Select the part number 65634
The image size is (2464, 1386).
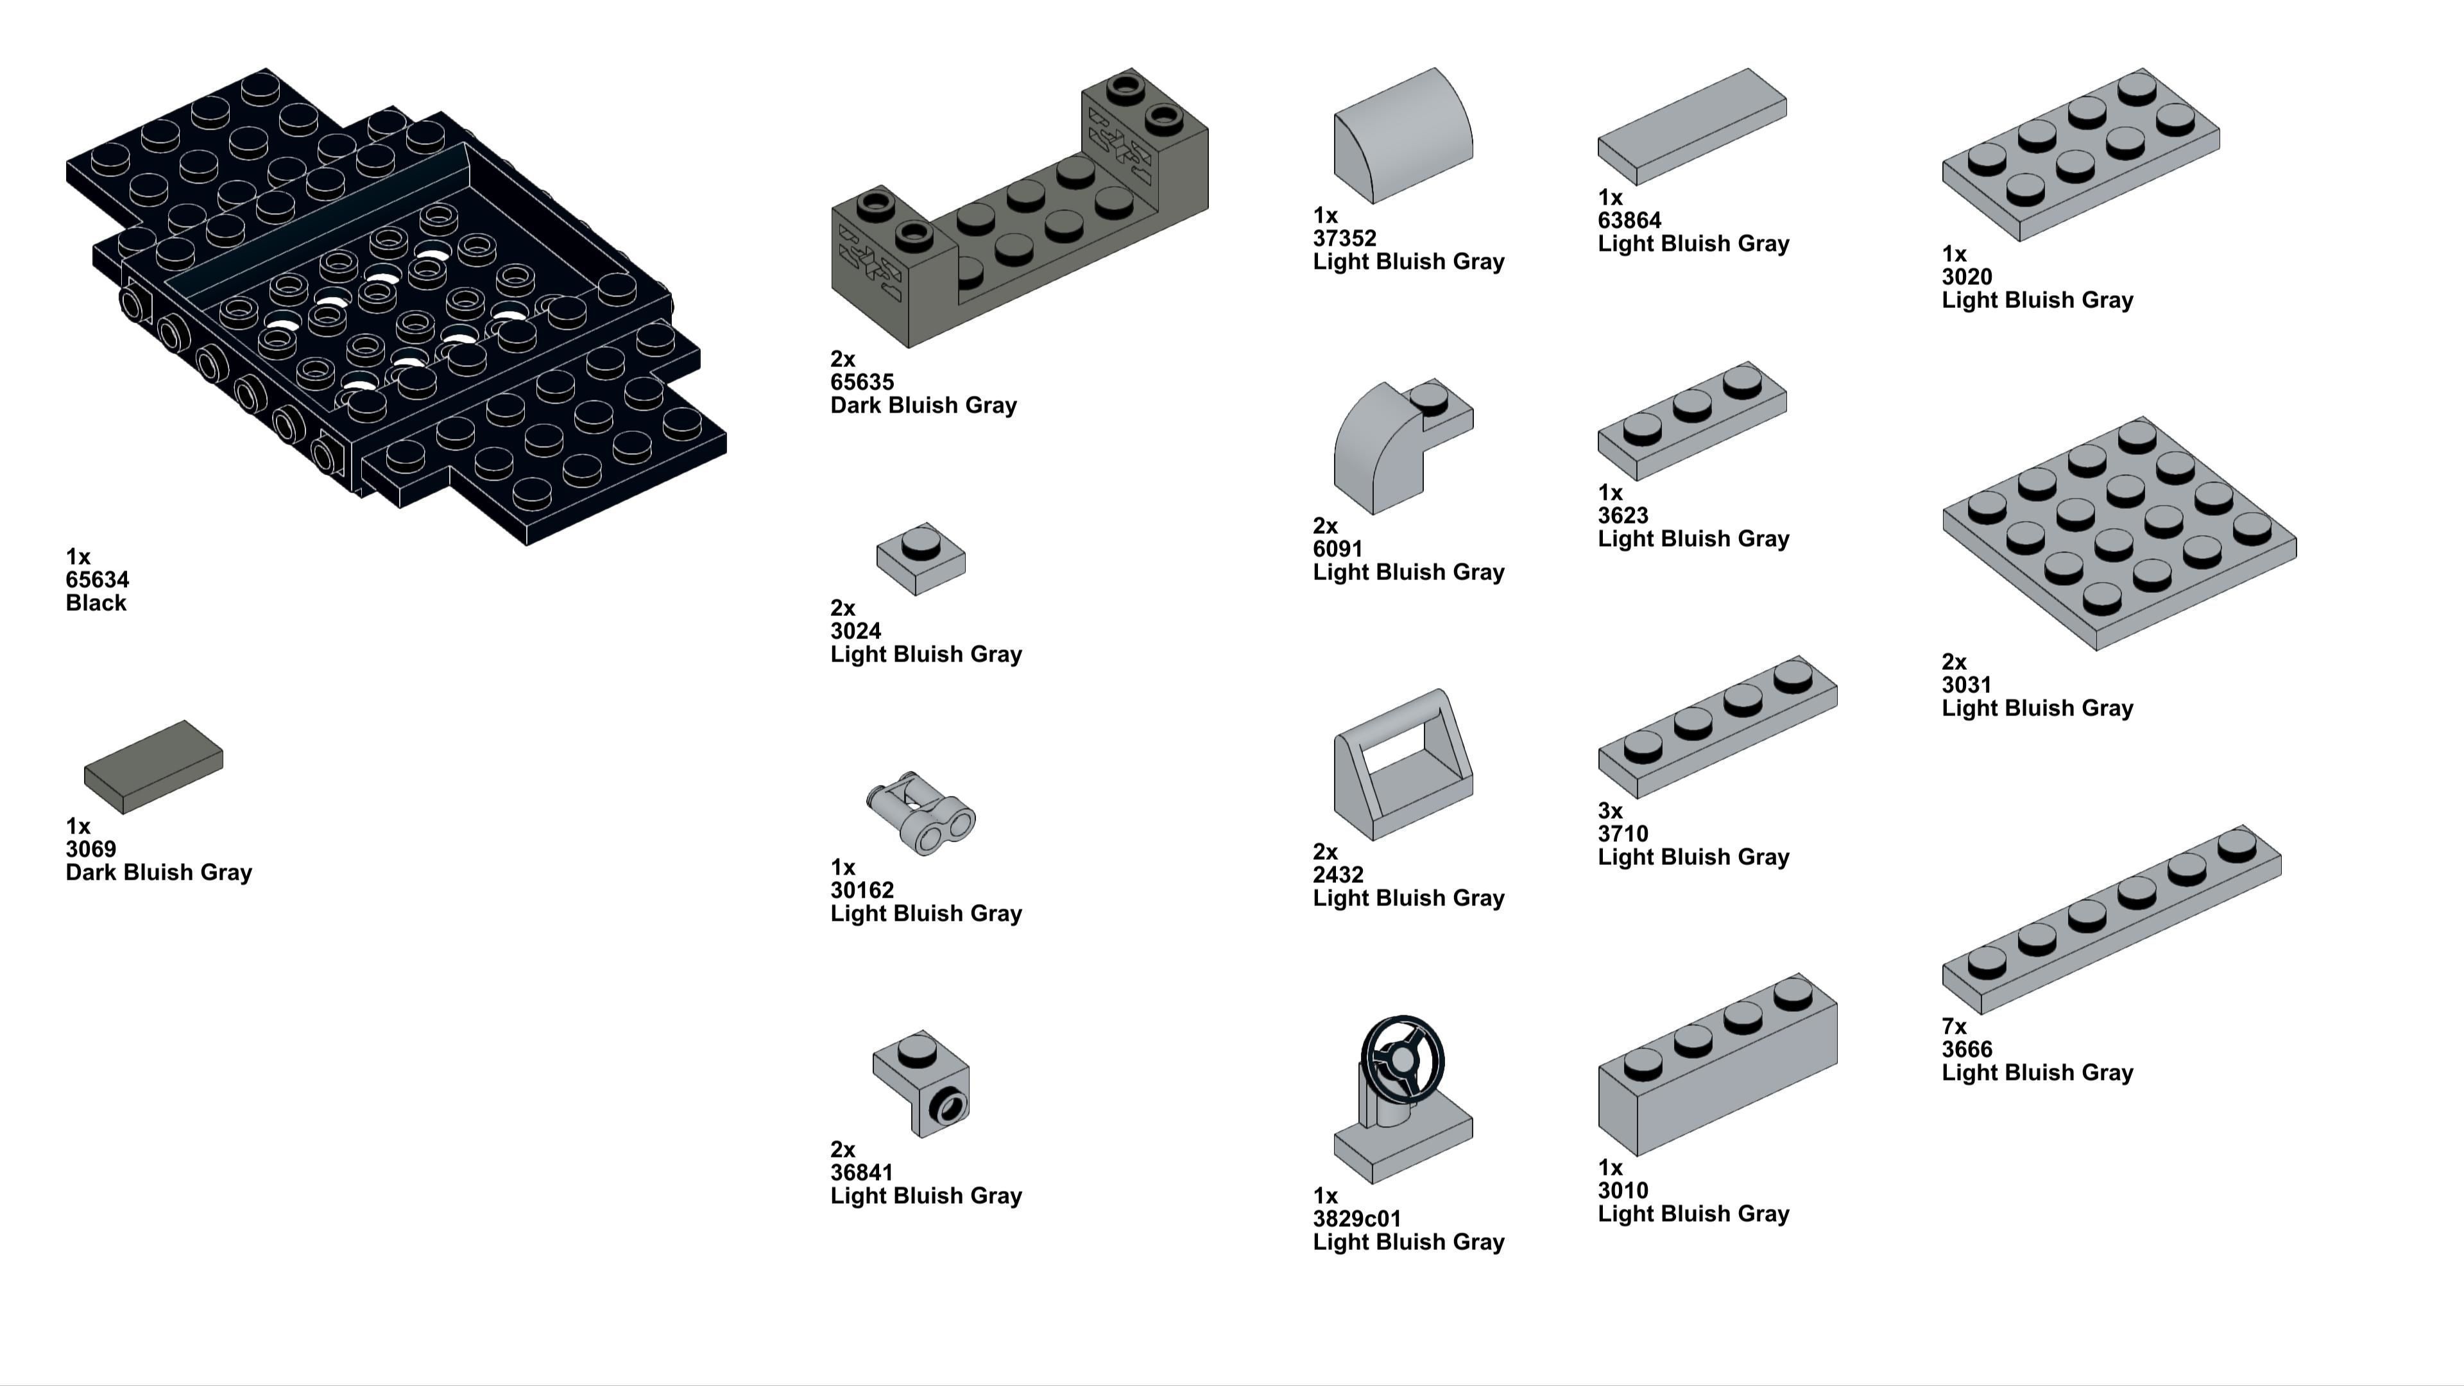pos(98,579)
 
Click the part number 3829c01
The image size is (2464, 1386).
pos(1356,1219)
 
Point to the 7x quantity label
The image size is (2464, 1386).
pos(1954,1027)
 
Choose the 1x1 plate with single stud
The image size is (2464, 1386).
pos(920,558)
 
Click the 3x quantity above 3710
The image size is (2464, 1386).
pos(1610,811)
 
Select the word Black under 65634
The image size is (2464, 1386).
pos(96,603)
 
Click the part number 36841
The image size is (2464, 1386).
pos(861,1173)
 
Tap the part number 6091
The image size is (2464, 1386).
pos(1337,549)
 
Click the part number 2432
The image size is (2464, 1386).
pos(1338,874)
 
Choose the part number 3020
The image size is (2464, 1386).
pos(1967,277)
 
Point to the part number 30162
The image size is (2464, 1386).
pos(862,891)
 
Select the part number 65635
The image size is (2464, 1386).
pos(862,382)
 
